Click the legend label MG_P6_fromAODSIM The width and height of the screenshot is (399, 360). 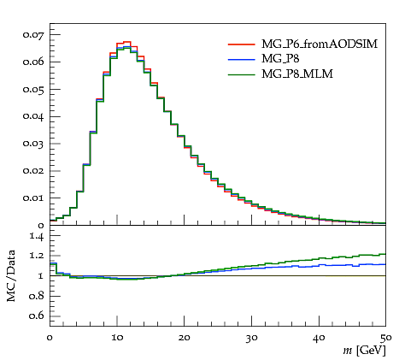coord(320,44)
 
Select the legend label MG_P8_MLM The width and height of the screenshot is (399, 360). coord(297,74)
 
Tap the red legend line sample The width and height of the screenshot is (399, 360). coord(242,44)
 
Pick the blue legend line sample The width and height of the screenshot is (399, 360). coord(242,59)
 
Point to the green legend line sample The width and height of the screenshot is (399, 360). coord(242,74)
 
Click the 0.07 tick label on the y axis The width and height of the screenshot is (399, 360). coord(33,35)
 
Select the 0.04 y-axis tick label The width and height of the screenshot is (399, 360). coord(33,116)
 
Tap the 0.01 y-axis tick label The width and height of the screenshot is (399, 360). coord(33,198)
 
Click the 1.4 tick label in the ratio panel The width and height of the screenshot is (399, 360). coord(37,236)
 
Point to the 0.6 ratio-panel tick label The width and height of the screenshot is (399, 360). coord(37,316)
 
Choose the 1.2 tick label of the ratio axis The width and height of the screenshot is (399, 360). coord(37,255)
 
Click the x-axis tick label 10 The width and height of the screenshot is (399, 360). coord(117,338)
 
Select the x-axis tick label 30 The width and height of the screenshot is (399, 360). coord(251,338)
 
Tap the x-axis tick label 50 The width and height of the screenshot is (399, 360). coord(386,338)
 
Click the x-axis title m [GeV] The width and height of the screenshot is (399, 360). coord(364,351)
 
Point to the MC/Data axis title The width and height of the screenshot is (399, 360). coord(11,275)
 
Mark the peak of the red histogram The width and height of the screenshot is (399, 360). coord(127,42)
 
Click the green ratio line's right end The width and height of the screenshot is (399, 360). coord(385,254)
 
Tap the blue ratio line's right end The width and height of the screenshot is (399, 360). coord(385,264)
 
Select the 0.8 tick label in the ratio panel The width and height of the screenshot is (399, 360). coord(37,296)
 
